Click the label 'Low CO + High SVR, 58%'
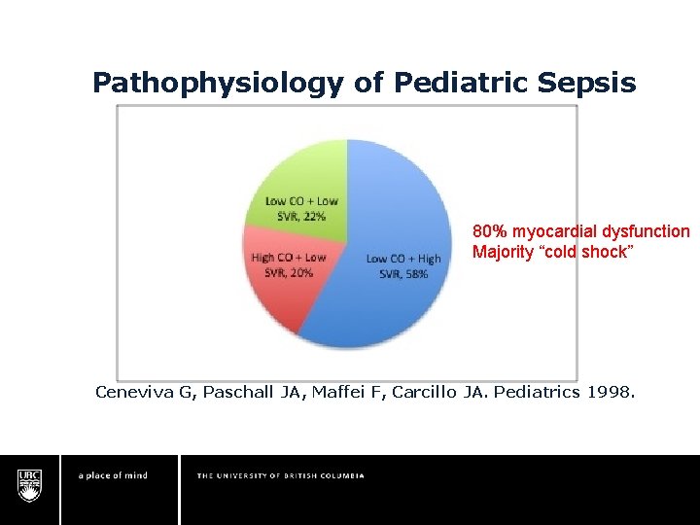(x=403, y=265)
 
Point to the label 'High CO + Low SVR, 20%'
(x=289, y=264)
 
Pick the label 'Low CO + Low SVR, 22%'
(x=301, y=208)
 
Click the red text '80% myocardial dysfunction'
(x=580, y=232)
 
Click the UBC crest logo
(x=29, y=483)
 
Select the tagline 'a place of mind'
(x=113, y=475)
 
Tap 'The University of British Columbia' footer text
(x=281, y=475)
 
